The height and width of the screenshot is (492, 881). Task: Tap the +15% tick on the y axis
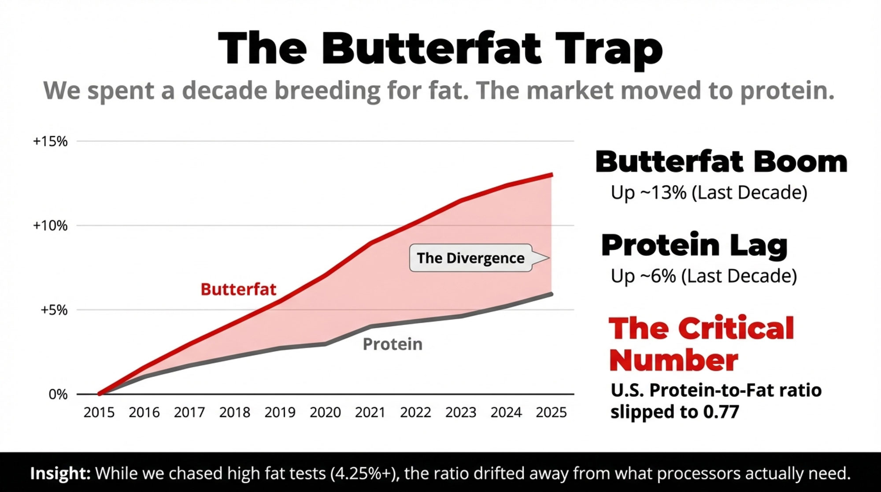50,142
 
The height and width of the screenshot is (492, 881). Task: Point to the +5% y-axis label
54,310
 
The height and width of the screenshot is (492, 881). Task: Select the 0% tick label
58,394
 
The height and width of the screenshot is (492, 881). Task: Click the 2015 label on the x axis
99,413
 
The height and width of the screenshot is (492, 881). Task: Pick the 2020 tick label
325,413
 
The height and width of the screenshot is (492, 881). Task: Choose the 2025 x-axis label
551,413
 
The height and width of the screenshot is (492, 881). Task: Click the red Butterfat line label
238,290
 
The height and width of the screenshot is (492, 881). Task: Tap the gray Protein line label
392,344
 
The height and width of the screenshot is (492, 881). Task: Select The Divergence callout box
470,258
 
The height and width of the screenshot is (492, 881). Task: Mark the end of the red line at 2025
552,175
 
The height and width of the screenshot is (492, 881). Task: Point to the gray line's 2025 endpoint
552,294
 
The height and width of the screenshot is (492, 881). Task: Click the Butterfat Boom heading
721,162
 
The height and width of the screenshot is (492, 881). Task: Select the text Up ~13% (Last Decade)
709,193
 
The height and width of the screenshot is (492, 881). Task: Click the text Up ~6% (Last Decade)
703,276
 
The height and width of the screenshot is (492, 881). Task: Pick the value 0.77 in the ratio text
721,412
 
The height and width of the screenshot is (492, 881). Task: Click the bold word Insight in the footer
60,473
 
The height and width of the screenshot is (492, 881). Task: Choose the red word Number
674,361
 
